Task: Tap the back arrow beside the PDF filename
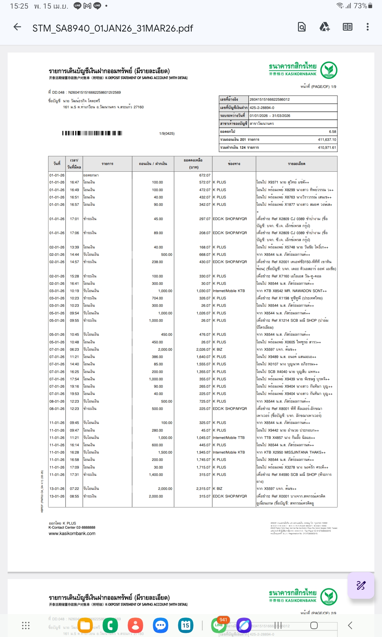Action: [18, 27]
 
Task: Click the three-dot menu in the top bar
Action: [367, 27]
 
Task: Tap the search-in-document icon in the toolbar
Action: [301, 27]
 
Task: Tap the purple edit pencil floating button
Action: [361, 585]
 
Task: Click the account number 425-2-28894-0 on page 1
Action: [262, 108]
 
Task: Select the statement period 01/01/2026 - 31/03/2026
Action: [270, 116]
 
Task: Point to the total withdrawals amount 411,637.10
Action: [327, 140]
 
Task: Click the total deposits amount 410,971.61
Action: [327, 147]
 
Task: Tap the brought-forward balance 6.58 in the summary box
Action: [332, 132]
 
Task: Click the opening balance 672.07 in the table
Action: [205, 175]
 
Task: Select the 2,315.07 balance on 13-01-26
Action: [203, 489]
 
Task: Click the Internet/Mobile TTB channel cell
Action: [229, 438]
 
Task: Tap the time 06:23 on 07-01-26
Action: [74, 349]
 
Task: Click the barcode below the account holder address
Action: [92, 133]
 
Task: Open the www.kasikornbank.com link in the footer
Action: [72, 533]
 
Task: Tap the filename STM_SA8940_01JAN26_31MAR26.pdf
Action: [113, 28]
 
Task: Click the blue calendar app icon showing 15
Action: [186, 625]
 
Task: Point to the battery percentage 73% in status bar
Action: [360, 6]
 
